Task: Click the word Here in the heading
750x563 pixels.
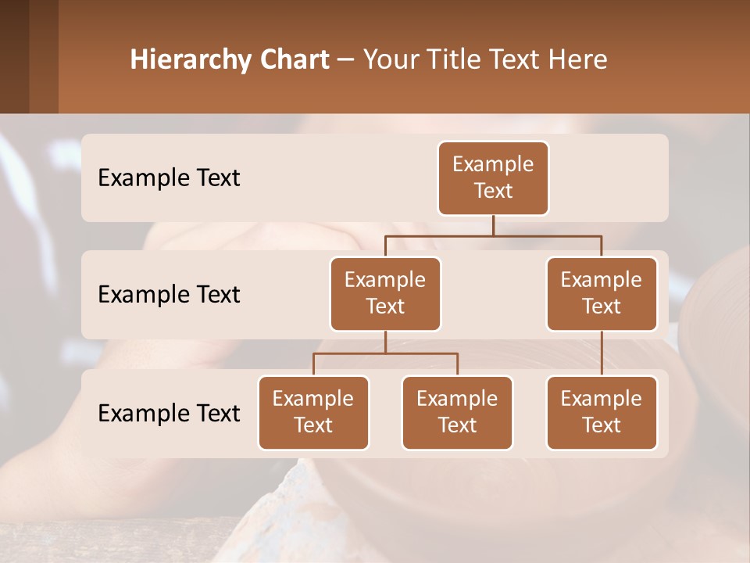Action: click(x=579, y=60)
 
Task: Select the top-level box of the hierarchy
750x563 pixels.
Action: click(x=493, y=178)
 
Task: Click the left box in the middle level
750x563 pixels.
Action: click(x=385, y=294)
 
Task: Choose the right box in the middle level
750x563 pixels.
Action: click(x=602, y=294)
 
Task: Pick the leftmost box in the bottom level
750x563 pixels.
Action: click(x=313, y=413)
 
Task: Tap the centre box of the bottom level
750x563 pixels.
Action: click(x=457, y=413)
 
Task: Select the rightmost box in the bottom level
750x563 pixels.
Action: click(x=602, y=413)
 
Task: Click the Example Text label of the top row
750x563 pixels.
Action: click(x=169, y=178)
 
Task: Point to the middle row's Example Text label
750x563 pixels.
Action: click(x=169, y=295)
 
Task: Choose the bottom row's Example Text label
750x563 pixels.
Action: click(x=169, y=414)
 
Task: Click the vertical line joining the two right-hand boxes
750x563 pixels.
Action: click(x=602, y=353)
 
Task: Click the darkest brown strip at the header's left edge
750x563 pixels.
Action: click(x=14, y=56)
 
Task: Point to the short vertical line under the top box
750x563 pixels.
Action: click(x=493, y=226)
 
